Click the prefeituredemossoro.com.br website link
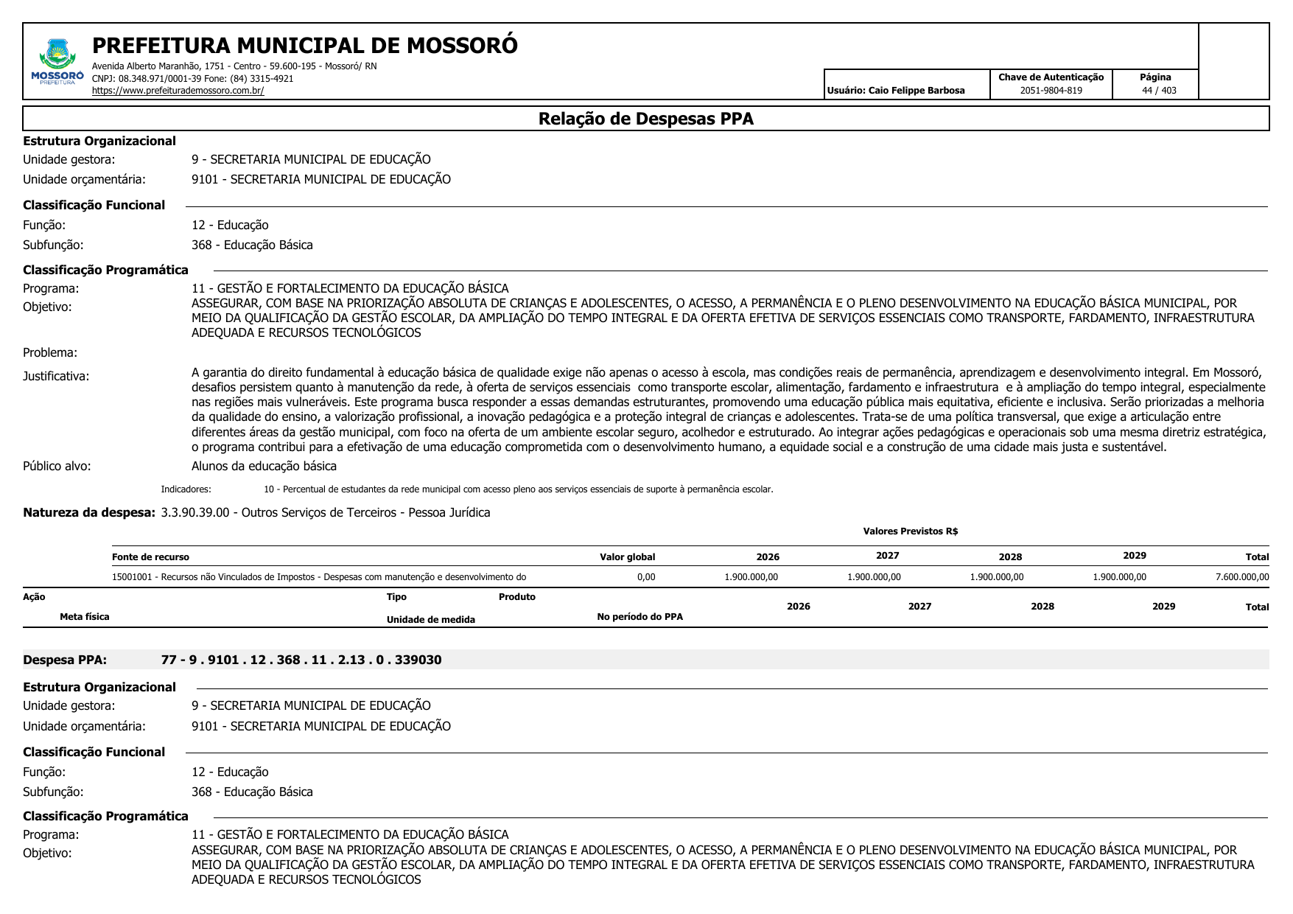[x=178, y=91]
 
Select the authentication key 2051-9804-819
[x=1051, y=91]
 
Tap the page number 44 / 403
[x=1159, y=91]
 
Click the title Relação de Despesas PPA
[x=645, y=119]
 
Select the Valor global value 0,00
[x=646, y=577]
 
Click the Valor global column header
[x=627, y=557]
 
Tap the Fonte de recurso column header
[x=150, y=557]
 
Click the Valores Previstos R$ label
[x=910, y=531]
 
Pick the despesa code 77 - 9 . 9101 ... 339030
[x=301, y=660]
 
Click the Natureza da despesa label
[x=89, y=512]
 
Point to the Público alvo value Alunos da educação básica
[x=264, y=466]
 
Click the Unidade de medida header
[x=430, y=620]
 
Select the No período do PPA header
[x=640, y=617]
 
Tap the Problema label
[x=50, y=352]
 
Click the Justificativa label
[x=56, y=376]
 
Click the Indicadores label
[x=186, y=489]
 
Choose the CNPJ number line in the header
[x=192, y=79]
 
